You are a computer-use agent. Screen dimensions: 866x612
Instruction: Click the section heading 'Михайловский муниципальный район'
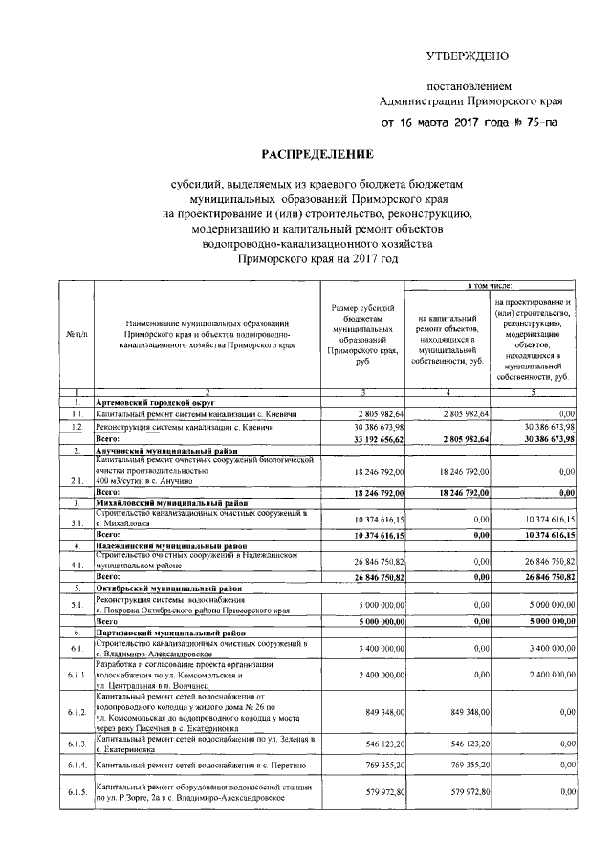coord(170,501)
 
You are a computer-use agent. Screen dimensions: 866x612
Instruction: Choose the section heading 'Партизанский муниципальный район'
coord(170,633)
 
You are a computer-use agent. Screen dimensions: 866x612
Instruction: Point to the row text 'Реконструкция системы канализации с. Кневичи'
coord(179,426)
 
